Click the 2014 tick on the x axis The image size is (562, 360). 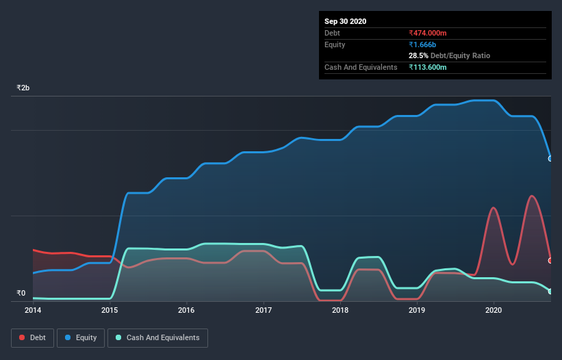pyautogui.click(x=33, y=310)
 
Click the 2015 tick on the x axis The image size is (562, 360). pyautogui.click(x=110, y=310)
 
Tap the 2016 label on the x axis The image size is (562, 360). pyautogui.click(x=186, y=310)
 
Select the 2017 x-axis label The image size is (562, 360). pyautogui.click(x=264, y=310)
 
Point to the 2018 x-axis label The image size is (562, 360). pyautogui.click(x=340, y=310)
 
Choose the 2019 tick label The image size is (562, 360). pyautogui.click(x=417, y=310)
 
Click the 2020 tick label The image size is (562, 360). pyautogui.click(x=494, y=310)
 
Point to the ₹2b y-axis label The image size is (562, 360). pyautogui.click(x=23, y=88)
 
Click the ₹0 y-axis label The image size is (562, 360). pyautogui.click(x=21, y=293)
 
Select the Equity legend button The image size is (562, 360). pyautogui.click(x=81, y=337)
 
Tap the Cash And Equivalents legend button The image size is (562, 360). pyautogui.click(x=157, y=337)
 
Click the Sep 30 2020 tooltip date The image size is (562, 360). pyautogui.click(x=346, y=21)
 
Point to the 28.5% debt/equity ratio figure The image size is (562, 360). pyautogui.click(x=419, y=55)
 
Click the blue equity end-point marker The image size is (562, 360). pyautogui.click(x=550, y=159)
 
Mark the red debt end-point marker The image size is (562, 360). pyautogui.click(x=550, y=261)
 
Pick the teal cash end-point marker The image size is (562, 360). pyautogui.click(x=550, y=292)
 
